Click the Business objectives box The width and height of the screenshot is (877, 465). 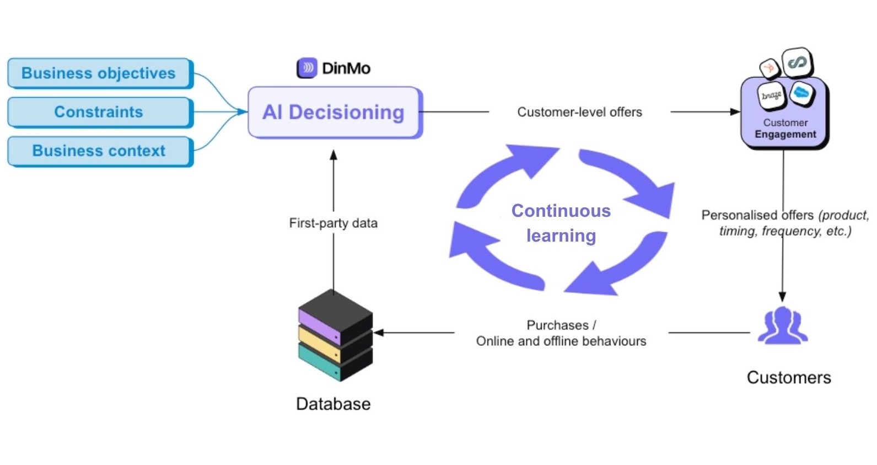click(x=99, y=73)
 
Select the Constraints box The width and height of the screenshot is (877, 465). click(x=99, y=112)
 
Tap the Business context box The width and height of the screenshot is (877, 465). click(x=99, y=151)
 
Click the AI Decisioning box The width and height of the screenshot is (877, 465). click(x=333, y=112)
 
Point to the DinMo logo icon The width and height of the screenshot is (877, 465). click(x=307, y=68)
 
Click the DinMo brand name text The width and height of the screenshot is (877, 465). click(x=346, y=68)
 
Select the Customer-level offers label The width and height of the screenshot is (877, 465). click(x=579, y=112)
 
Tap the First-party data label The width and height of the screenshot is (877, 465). click(x=333, y=223)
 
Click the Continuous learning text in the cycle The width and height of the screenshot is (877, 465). click(x=561, y=223)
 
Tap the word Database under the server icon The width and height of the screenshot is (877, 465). click(x=333, y=404)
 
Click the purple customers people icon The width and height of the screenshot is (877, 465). click(x=782, y=326)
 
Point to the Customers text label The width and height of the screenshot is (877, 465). click(x=788, y=377)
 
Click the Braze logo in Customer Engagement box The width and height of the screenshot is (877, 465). click(x=771, y=96)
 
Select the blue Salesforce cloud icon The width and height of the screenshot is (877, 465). click(x=801, y=93)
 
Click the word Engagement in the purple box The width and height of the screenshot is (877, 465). click(x=785, y=134)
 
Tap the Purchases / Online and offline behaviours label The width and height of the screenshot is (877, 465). click(x=561, y=333)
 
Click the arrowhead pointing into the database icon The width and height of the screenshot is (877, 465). click(x=379, y=333)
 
